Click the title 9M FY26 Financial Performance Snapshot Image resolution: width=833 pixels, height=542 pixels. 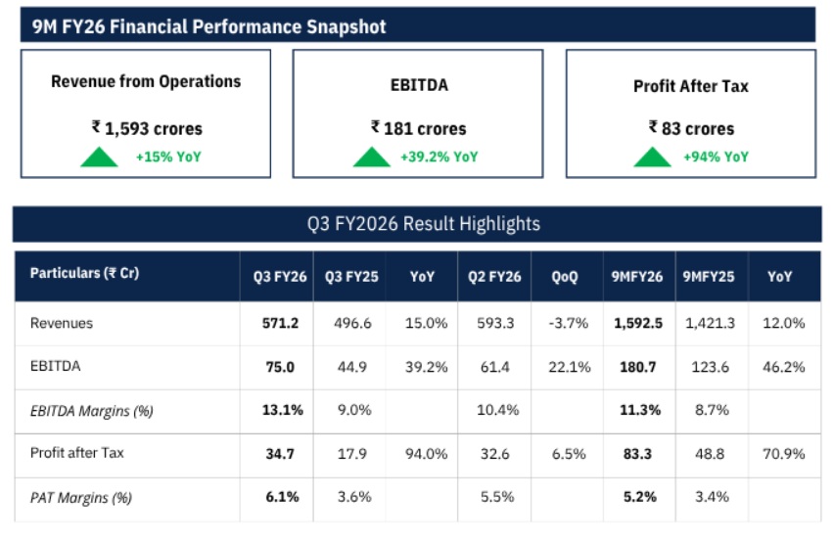[x=208, y=26]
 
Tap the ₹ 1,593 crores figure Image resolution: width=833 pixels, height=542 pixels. [x=147, y=128]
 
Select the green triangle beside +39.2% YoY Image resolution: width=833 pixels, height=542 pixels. [x=371, y=157]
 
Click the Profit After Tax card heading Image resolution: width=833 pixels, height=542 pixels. [x=690, y=86]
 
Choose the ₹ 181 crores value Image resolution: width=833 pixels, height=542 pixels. [x=418, y=128]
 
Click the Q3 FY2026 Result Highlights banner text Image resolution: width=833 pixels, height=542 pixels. [x=423, y=224]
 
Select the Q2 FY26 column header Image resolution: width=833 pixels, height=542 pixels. [x=495, y=277]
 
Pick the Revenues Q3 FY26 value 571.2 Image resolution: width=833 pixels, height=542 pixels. [x=276, y=323]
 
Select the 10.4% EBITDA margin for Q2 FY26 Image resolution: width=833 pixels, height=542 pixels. [x=495, y=410]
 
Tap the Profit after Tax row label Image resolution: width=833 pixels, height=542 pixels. [x=77, y=453]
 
